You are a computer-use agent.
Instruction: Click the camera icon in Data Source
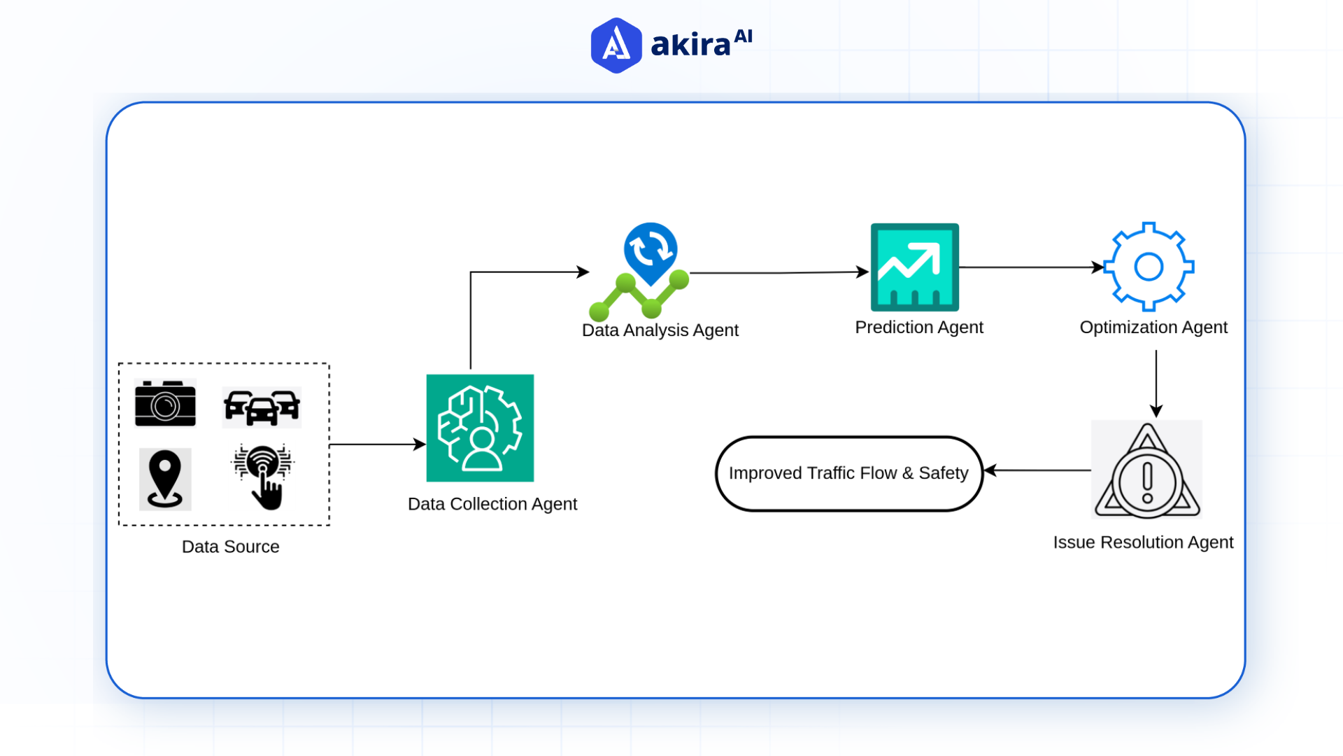(x=165, y=404)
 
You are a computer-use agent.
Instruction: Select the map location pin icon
(x=165, y=479)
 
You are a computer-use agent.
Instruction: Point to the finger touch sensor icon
(x=263, y=477)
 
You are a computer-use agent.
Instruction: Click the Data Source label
(x=230, y=547)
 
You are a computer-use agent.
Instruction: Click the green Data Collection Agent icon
(x=480, y=428)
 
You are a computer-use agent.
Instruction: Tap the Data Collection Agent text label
(x=492, y=504)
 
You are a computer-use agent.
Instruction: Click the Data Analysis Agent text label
(x=660, y=330)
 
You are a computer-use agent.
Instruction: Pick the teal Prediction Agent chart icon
(x=914, y=267)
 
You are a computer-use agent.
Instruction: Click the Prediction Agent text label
(x=918, y=327)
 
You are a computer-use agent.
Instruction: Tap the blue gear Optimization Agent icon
(x=1148, y=267)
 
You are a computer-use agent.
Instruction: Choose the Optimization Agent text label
(x=1153, y=327)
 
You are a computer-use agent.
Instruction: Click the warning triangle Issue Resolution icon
(x=1146, y=470)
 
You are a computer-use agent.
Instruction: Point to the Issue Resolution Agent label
(x=1143, y=542)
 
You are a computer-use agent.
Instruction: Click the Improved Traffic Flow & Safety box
(x=848, y=473)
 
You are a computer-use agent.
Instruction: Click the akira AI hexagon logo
(x=616, y=45)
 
